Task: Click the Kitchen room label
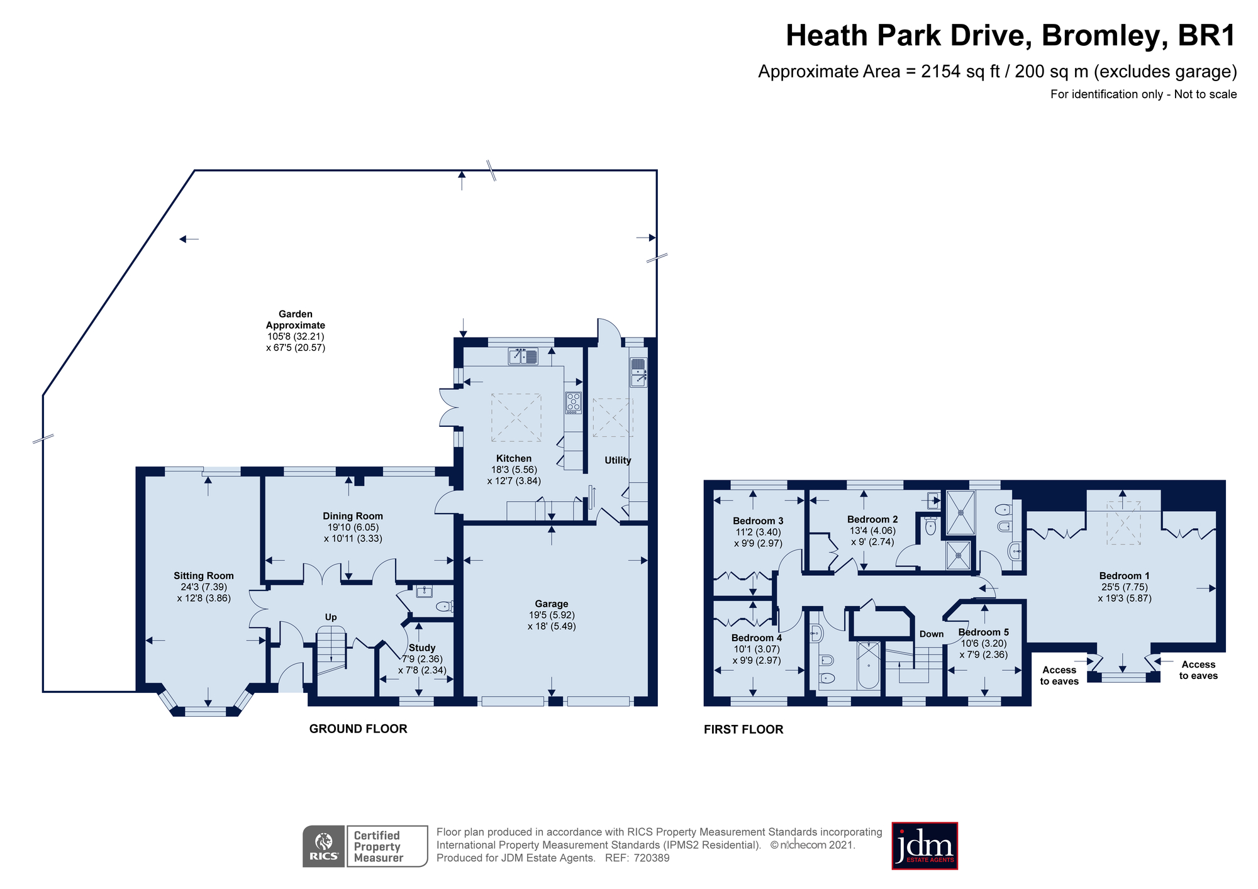[x=513, y=458]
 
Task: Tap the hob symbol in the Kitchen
[x=573, y=402]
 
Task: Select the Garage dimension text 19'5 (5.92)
[x=552, y=615]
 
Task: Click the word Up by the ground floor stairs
[x=331, y=617]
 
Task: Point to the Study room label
[x=421, y=648]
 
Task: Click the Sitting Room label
[x=204, y=575]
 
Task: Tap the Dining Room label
[x=353, y=516]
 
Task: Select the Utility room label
[x=618, y=460]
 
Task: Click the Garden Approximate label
[x=296, y=319]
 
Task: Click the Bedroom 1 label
[x=1124, y=575]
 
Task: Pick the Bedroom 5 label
[x=983, y=632]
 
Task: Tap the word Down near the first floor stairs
[x=932, y=634]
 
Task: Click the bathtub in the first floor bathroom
[x=869, y=665]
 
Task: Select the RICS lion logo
[x=324, y=846]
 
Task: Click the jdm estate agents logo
[x=925, y=846]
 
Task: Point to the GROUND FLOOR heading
[x=358, y=729]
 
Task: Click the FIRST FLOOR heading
[x=743, y=729]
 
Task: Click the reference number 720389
[x=652, y=858]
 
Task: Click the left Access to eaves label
[x=1059, y=675]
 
